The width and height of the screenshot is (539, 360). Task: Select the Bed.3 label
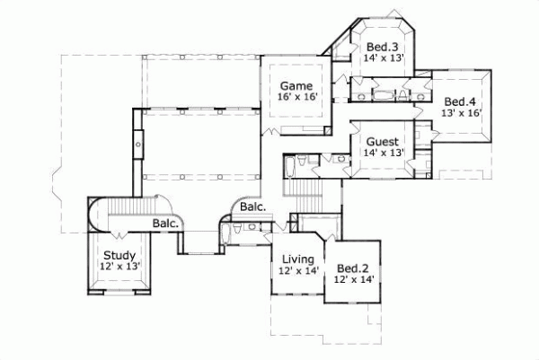384,47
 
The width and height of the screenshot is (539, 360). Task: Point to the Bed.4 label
463,101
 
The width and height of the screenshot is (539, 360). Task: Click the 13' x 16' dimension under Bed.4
463,113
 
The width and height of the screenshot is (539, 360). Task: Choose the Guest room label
383,142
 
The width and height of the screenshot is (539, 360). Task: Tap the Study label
119,256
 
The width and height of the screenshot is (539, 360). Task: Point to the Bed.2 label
353,268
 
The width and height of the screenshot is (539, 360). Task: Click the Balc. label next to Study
166,223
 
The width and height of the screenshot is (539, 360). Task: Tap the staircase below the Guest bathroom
302,189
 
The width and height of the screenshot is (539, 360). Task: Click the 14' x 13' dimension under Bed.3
384,58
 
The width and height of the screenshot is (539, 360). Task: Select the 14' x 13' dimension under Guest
383,154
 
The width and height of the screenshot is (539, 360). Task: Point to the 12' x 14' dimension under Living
298,270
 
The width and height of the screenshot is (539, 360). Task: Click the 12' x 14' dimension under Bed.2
353,280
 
